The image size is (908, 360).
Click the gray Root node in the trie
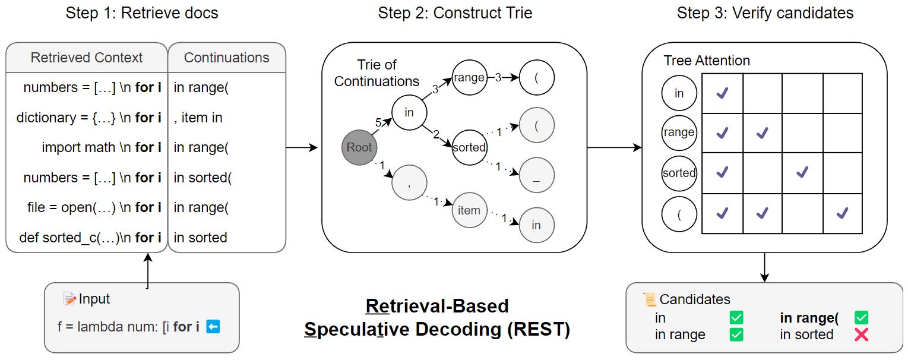point(359,147)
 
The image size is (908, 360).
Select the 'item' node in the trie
point(469,210)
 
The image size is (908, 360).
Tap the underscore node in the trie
point(536,175)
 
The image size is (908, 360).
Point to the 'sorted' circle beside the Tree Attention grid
point(679,173)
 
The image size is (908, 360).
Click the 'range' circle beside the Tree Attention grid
point(679,133)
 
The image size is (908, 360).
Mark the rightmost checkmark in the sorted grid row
point(802,172)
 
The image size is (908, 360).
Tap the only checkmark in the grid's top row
point(722,93)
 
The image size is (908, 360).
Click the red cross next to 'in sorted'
point(861,334)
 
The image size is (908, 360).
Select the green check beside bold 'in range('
point(861,318)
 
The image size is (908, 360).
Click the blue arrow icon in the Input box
point(213,326)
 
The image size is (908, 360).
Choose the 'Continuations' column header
point(226,58)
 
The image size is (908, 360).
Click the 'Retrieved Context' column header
point(87,58)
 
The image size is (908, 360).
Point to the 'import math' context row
point(102,147)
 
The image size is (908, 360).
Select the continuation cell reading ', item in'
point(198,118)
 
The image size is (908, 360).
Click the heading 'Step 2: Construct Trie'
point(455,13)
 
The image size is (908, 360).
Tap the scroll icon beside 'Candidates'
point(650,299)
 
